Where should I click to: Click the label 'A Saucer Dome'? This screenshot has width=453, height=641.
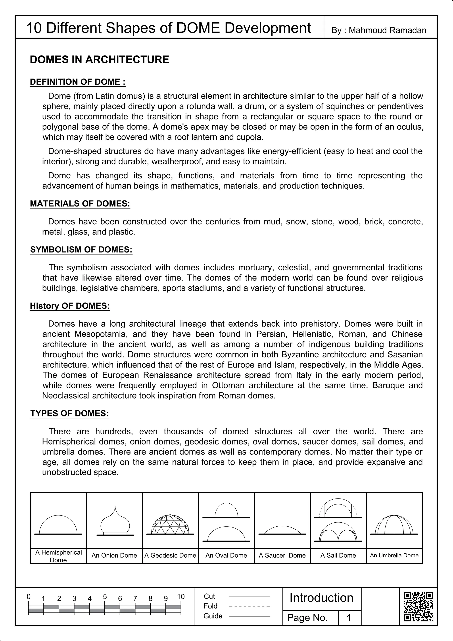click(x=282, y=555)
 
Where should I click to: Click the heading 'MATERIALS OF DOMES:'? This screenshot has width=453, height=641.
click(x=80, y=204)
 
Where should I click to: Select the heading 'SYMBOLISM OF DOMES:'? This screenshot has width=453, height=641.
click(x=81, y=249)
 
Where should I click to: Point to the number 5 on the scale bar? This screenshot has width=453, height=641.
click(x=105, y=596)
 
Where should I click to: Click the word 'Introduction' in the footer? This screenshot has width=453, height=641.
click(x=321, y=598)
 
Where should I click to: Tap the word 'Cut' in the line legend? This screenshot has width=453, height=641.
click(x=209, y=596)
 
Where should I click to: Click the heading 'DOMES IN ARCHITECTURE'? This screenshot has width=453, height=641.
click(x=99, y=60)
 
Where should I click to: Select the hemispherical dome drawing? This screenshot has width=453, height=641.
click(x=58, y=525)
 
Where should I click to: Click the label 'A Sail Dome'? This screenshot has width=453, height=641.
click(x=338, y=555)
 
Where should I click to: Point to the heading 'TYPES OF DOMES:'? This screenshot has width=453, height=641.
click(x=69, y=413)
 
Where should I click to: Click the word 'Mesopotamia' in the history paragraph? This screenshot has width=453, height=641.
click(x=101, y=334)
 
